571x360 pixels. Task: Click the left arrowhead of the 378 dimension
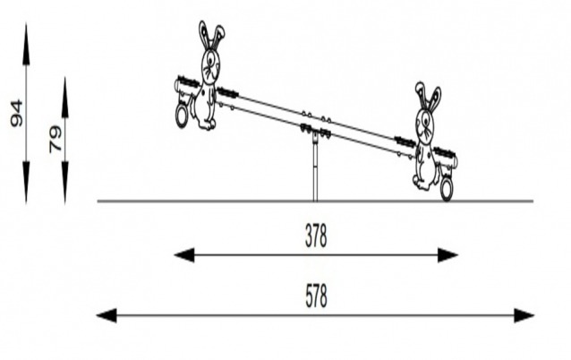tap(183, 255)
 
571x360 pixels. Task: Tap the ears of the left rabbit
tap(211, 36)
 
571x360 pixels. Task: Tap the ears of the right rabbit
tap(428, 96)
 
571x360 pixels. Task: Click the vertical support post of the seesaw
tap(315, 175)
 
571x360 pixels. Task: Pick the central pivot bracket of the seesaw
tap(315, 133)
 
